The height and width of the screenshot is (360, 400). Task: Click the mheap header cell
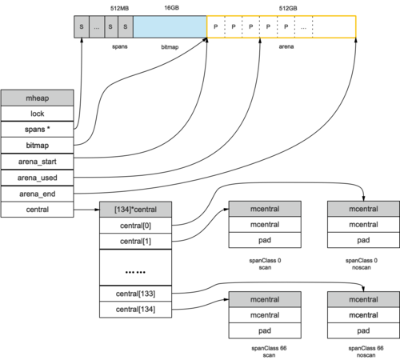(x=38, y=98)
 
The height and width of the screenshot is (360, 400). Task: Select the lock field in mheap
(x=38, y=114)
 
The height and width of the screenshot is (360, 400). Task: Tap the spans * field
(x=38, y=130)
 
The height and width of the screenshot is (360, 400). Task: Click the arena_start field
(x=38, y=162)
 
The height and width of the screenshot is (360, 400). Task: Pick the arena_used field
(x=38, y=178)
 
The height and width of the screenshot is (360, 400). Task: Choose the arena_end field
(x=38, y=194)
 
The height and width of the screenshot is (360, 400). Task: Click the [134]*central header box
(x=135, y=210)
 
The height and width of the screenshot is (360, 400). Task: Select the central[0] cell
(x=135, y=226)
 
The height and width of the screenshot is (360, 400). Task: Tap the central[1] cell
(x=135, y=242)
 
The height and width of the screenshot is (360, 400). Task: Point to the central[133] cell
(x=135, y=294)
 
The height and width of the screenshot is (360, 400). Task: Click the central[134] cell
(x=135, y=310)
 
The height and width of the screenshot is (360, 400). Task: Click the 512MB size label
(x=119, y=8)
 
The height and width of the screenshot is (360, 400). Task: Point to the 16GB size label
(x=171, y=8)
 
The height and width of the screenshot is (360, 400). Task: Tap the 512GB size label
(x=288, y=8)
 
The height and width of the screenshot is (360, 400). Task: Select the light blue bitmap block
(x=170, y=26)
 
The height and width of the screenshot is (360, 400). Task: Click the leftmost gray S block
(x=82, y=26)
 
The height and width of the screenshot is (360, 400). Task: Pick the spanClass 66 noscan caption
(x=366, y=351)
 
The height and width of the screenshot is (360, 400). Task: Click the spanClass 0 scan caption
(x=265, y=264)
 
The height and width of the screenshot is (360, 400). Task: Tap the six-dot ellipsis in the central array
(x=135, y=272)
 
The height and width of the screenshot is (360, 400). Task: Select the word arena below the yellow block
(x=286, y=46)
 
